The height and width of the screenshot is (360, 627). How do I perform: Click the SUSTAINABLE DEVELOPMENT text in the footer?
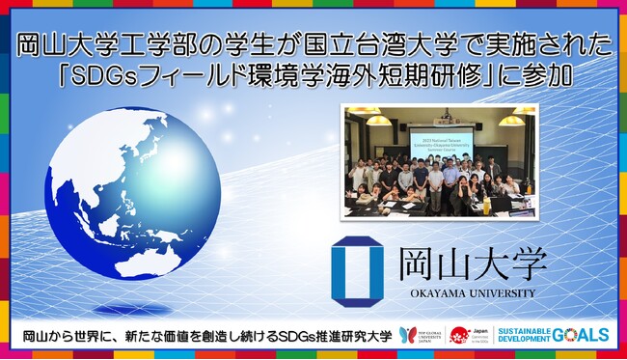tap(527, 335)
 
